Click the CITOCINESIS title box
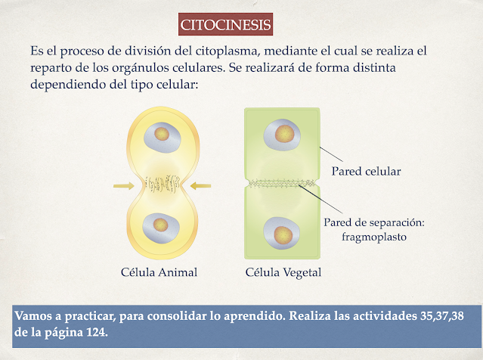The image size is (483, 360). click(x=226, y=24)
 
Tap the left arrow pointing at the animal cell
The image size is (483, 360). click(x=124, y=185)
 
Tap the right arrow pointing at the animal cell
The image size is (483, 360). click(x=201, y=185)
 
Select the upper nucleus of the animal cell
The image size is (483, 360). click(x=160, y=135)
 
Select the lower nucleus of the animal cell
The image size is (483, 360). click(x=160, y=225)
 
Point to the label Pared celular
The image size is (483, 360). click(x=366, y=171)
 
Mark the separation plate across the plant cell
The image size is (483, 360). click(x=282, y=184)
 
